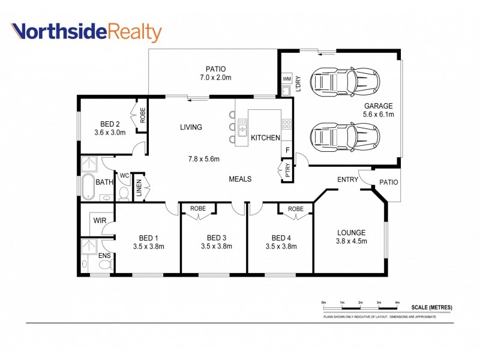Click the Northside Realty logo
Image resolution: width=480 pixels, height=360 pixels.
[x=86, y=32]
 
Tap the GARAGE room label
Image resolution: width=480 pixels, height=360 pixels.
[x=378, y=106]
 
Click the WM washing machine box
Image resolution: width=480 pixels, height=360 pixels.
[x=286, y=79]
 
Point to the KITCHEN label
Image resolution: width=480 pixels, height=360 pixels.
[x=265, y=138]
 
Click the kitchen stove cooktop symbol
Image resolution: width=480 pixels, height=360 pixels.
[x=287, y=125]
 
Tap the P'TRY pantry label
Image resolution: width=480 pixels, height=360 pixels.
[x=287, y=170]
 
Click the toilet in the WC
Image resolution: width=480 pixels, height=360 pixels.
[x=125, y=193]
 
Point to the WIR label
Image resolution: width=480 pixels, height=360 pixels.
[x=99, y=221]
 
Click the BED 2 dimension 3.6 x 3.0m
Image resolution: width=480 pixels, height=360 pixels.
[x=110, y=133]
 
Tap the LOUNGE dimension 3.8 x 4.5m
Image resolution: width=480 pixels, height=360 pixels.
[x=351, y=241]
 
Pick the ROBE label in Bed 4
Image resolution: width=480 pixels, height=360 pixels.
[x=295, y=209]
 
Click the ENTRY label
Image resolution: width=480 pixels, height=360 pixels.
[x=347, y=179]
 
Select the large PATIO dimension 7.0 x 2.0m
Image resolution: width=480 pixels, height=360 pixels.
[x=215, y=77]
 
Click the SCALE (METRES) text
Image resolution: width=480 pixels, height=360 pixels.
[x=431, y=308]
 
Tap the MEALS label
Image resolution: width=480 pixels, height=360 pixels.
[x=240, y=179]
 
